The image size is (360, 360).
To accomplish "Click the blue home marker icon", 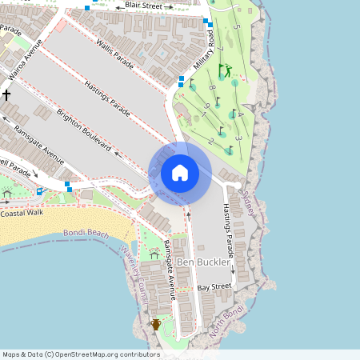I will pyautogui.click(x=180, y=173).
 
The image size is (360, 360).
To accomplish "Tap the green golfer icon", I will pyautogui.click(x=225, y=70).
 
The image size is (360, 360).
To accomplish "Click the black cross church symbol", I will pyautogui.click(x=6, y=94).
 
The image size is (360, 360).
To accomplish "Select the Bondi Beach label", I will pyautogui.click(x=86, y=233).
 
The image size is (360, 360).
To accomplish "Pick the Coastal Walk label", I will pyautogui.click(x=21, y=214).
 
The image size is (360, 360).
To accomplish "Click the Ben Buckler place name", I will pyautogui.click(x=203, y=262).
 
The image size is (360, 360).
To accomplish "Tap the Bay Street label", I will pyautogui.click(x=214, y=286).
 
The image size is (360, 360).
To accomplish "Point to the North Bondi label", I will pyautogui.click(x=227, y=319).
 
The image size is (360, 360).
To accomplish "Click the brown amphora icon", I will pyautogui.click(x=156, y=324).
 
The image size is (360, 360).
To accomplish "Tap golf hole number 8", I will pyautogui.click(x=212, y=87).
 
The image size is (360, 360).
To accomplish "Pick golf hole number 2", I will pyautogui.click(x=210, y=141).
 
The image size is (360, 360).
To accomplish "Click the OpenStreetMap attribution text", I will pyautogui.click(x=80, y=354).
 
